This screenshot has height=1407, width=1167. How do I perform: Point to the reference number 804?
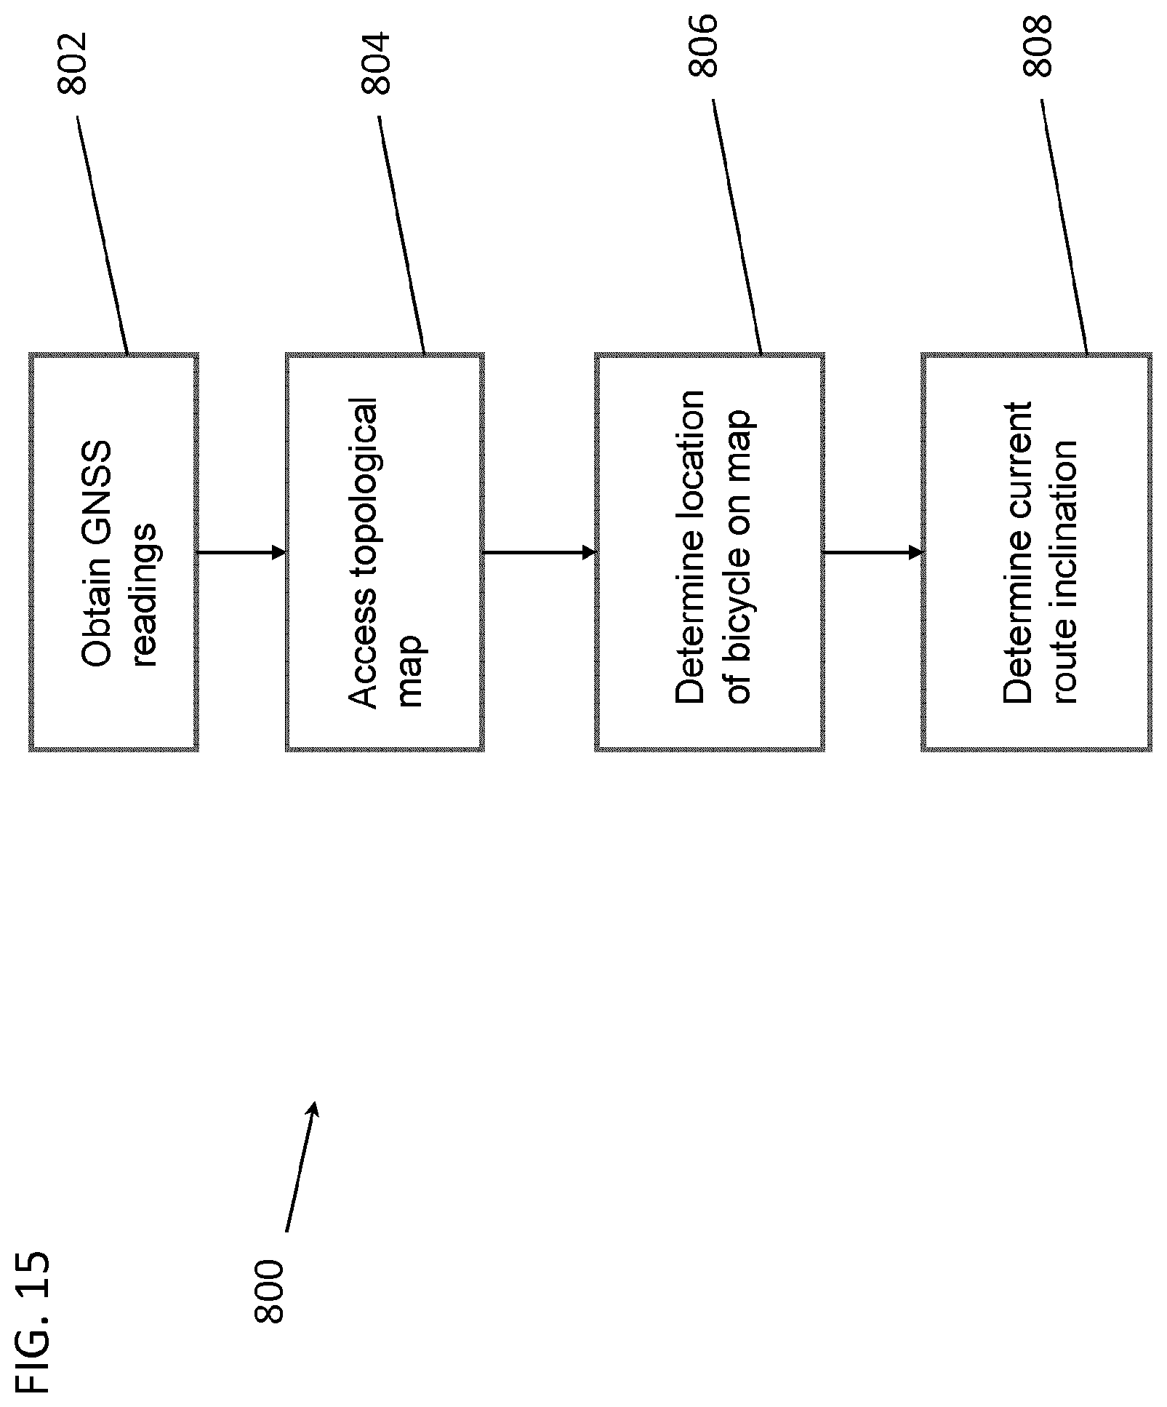point(376,63)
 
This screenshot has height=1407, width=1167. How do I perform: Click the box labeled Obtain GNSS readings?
point(113,552)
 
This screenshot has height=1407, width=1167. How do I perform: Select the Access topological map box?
point(385,552)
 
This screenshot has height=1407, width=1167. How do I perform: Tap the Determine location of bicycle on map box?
point(710,552)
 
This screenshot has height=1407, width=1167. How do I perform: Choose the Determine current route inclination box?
point(1036,552)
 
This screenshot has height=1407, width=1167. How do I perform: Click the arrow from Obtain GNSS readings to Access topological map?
point(242,553)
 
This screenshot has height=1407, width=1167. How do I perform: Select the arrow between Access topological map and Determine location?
point(540,553)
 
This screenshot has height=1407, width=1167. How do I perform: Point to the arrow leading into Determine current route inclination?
point(873,553)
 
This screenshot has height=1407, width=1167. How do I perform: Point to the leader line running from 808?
point(1064,226)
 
